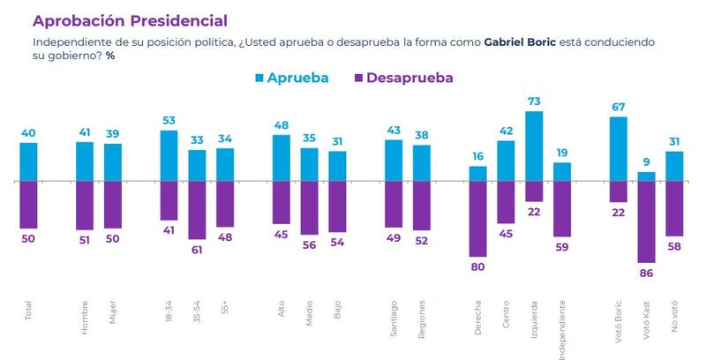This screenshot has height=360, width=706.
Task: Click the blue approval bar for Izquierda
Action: coord(534,146)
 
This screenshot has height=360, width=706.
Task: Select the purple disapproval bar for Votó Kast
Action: coord(647,221)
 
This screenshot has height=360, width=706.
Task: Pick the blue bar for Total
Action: coord(29,161)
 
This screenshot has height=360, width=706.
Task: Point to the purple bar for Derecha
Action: coord(477,218)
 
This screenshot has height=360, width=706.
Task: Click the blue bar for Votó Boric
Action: coord(619,149)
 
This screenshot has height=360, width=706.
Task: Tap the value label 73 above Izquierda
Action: coord(534,102)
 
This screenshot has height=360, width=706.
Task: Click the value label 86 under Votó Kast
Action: coord(647,273)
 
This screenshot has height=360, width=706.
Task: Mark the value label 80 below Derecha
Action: coord(477,266)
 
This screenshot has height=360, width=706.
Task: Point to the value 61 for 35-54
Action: coord(197,250)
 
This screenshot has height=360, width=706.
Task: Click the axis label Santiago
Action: coord(394,314)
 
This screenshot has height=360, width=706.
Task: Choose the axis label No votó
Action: coord(675,316)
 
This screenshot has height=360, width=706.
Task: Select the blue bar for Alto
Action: coord(282,158)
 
